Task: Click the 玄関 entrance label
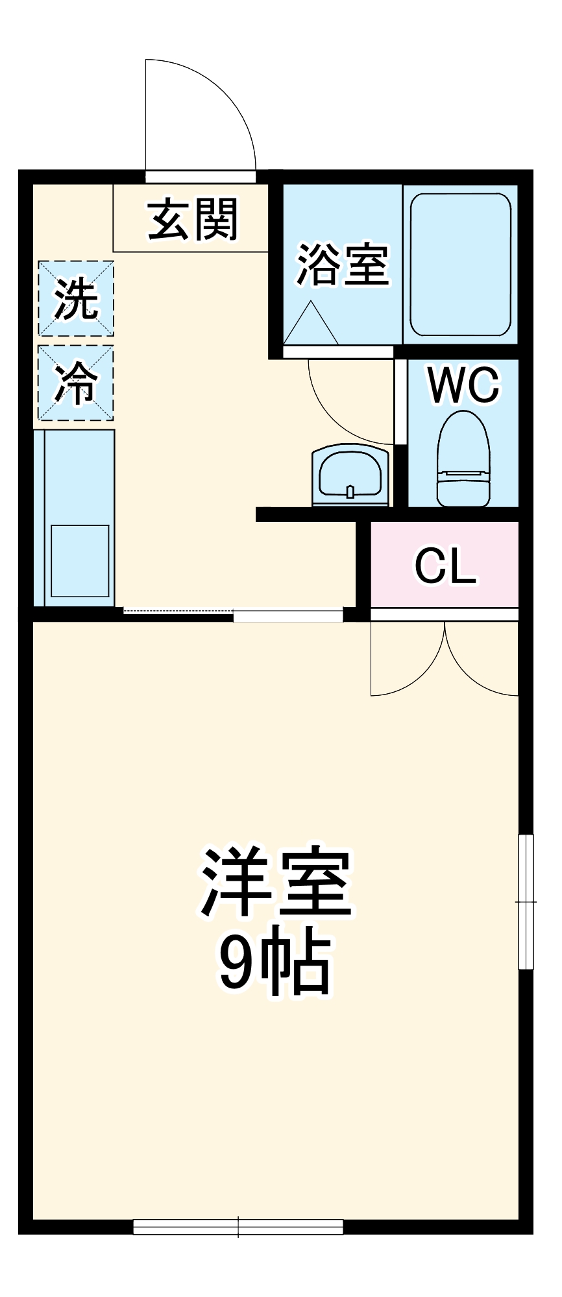click(x=193, y=220)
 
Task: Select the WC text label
click(x=463, y=385)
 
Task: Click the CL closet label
click(x=445, y=566)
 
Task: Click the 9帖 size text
click(x=275, y=962)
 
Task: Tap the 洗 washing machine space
click(x=76, y=299)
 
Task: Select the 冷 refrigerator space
click(x=76, y=383)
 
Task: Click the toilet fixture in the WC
click(x=463, y=459)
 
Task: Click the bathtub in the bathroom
click(x=460, y=264)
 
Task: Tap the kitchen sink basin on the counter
click(x=80, y=560)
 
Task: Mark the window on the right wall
click(x=526, y=901)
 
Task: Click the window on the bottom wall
click(x=238, y=1226)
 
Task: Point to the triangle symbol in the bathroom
click(x=311, y=326)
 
